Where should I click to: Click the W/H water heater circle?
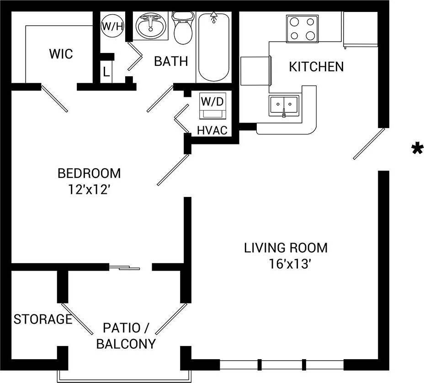pos(112,26)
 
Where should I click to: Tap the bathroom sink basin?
pos(151,27)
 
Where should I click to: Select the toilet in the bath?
pos(182,28)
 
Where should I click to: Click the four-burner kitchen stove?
pos(302,28)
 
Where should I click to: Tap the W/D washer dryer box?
pos(212,106)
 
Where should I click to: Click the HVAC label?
pos(212,130)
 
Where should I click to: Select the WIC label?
pos(61,54)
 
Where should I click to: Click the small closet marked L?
pos(106,72)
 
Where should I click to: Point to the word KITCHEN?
pos(316,67)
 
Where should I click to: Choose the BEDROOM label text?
pos(89,174)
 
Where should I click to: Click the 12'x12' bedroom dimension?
pos(89,189)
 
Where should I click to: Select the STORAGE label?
pos(42,319)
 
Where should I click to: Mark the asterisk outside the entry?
pos(417,149)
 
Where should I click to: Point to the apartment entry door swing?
pos(369,144)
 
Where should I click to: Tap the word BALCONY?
pos(126,344)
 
